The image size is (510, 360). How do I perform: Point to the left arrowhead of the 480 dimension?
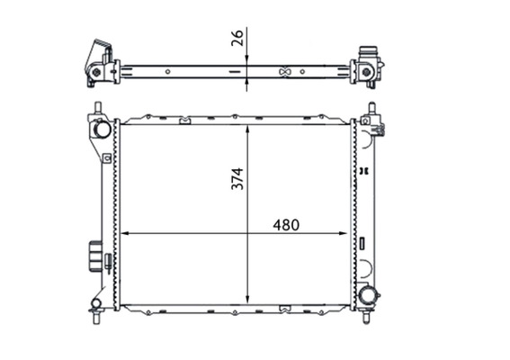pyautogui.click(x=124, y=233)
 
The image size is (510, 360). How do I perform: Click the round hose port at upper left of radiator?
pyautogui.click(x=101, y=130)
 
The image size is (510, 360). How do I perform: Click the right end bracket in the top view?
pyautogui.click(x=368, y=66)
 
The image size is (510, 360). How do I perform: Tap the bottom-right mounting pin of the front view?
pyautogui.click(x=367, y=318)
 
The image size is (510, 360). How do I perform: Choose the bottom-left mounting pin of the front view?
pyautogui.click(x=96, y=318)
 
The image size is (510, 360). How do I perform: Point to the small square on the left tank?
pyautogui.click(x=106, y=158)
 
